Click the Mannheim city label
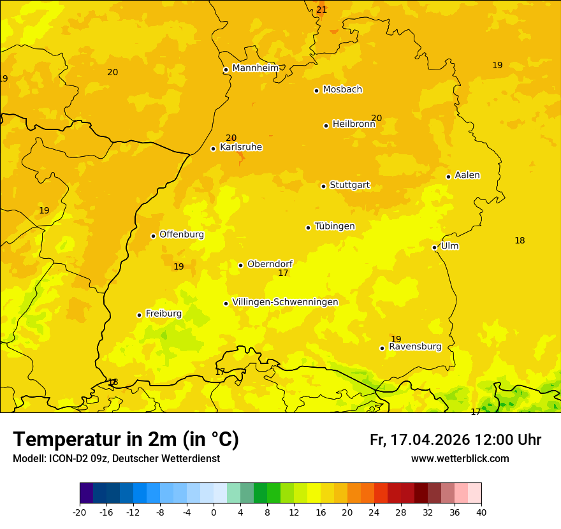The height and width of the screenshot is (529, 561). coord(255,68)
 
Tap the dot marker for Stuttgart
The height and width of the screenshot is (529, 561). coord(323,186)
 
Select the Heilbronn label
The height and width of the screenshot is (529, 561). coord(353,124)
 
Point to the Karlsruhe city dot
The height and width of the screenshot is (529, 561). coord(213,149)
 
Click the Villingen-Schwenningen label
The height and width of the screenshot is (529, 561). coord(285,302)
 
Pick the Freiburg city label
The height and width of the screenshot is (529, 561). coord(163,314)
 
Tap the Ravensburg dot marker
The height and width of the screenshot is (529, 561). coord(382,348)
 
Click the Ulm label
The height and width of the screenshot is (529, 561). coord(449,246)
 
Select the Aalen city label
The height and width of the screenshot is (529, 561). coord(467,175)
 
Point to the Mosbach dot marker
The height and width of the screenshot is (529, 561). coord(316,91)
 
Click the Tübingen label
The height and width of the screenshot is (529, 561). coord(334,226)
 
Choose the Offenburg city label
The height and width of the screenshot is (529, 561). coord(182,235)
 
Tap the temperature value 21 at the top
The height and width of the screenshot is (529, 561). coord(321,10)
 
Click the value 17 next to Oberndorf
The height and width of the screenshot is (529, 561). coord(283,273)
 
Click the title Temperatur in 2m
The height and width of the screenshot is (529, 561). coord(126,439)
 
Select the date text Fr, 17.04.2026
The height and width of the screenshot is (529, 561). coord(420,440)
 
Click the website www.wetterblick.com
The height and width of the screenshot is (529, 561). coord(460,458)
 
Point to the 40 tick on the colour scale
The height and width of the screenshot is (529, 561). coord(481,512)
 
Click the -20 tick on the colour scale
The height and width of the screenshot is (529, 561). coord(80,512)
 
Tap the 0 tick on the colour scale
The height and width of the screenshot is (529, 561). coord(214,512)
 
